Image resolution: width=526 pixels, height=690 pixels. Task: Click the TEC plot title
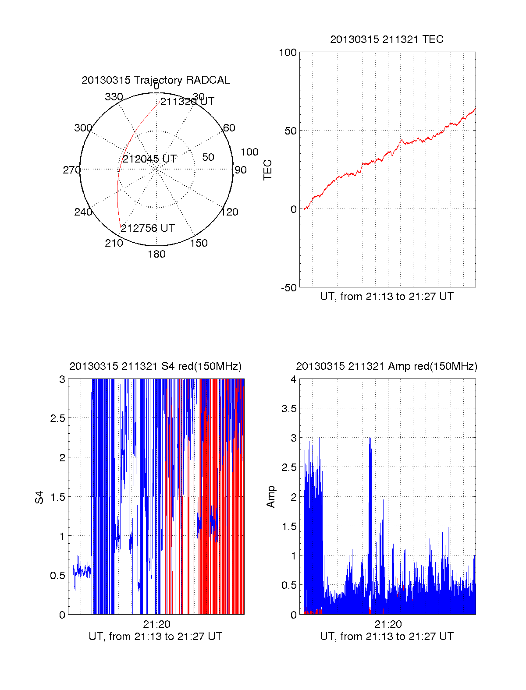(x=387, y=39)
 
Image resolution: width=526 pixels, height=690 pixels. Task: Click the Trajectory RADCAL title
(x=156, y=80)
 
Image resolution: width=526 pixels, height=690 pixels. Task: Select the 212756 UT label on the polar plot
(x=148, y=228)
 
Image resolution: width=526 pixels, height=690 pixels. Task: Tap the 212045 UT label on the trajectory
(x=149, y=159)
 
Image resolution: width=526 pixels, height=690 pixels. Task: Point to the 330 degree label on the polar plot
(x=114, y=97)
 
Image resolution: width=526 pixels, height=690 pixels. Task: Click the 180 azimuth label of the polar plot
(x=156, y=254)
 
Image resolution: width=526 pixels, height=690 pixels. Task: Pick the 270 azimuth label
(x=71, y=170)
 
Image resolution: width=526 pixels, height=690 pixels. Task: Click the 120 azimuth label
(x=230, y=212)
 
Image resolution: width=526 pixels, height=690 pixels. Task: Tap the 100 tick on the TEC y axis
(x=288, y=53)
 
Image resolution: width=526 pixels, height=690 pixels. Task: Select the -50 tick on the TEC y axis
(x=289, y=288)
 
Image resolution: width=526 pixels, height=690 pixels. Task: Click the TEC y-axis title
(x=267, y=170)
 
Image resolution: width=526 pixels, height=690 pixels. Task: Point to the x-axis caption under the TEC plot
(x=387, y=297)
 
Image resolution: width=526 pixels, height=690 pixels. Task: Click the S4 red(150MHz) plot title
(x=156, y=366)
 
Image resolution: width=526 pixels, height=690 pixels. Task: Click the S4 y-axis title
(x=39, y=497)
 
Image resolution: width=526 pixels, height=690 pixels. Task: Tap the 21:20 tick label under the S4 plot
(x=156, y=624)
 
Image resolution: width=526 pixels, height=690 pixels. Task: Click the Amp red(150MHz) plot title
(x=387, y=366)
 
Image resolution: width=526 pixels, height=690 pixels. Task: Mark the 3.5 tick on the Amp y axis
(x=289, y=409)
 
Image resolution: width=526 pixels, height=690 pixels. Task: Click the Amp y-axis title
(x=271, y=497)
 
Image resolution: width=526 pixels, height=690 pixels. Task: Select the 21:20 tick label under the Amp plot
(x=388, y=624)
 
